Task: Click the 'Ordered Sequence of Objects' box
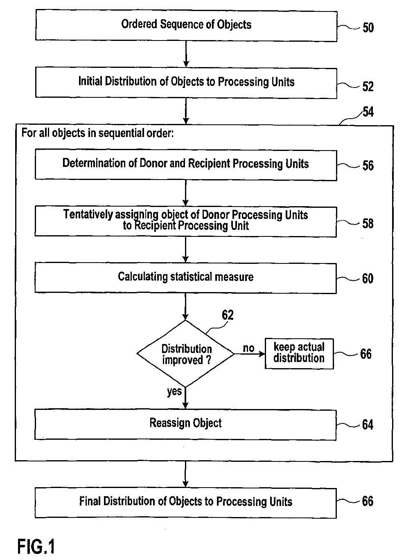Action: (186, 25)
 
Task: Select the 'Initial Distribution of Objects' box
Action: (186, 83)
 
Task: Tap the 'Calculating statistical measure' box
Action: (186, 278)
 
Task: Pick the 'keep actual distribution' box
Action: (299, 353)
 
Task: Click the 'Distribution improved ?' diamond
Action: (186, 353)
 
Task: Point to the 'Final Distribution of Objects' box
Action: (186, 503)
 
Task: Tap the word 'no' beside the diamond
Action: (248, 348)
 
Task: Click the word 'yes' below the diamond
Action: (174, 391)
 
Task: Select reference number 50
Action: (368, 27)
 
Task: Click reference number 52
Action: (368, 86)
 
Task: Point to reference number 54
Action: (368, 112)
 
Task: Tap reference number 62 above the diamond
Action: (228, 315)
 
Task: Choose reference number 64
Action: (368, 425)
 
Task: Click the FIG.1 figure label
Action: (36, 547)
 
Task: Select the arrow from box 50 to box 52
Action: (186, 54)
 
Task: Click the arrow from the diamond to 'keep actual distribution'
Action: (250, 354)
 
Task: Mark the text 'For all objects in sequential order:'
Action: (97, 133)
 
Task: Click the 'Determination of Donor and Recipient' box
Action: (186, 165)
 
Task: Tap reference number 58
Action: (368, 223)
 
